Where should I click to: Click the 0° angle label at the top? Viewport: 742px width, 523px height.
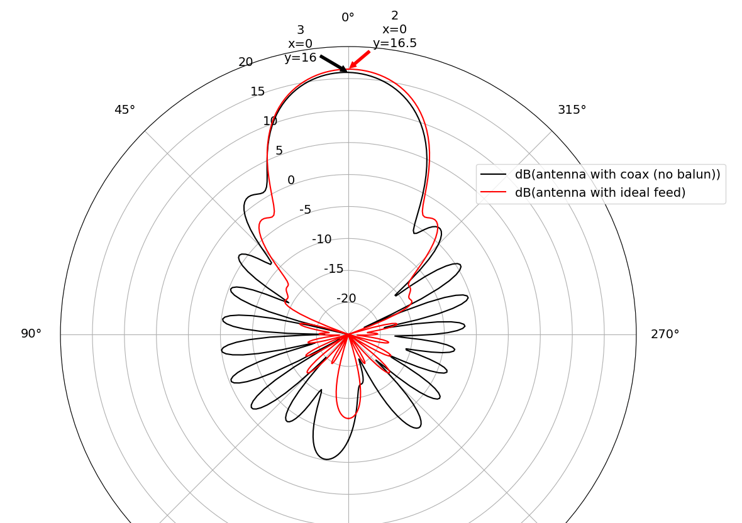pos(348,18)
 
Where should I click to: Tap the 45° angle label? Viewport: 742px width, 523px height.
pos(125,110)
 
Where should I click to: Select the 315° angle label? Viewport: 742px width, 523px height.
pos(572,110)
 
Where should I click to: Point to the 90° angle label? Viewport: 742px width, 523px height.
pos(31,334)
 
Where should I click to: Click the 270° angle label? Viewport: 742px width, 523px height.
pos(665,334)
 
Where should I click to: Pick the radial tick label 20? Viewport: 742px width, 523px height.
pos(246,62)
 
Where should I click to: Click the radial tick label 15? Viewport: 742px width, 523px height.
pos(257,92)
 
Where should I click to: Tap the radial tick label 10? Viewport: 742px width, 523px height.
pos(270,121)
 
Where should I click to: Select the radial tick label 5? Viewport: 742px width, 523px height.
pos(279,151)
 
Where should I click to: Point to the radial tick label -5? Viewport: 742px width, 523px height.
pos(305,209)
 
